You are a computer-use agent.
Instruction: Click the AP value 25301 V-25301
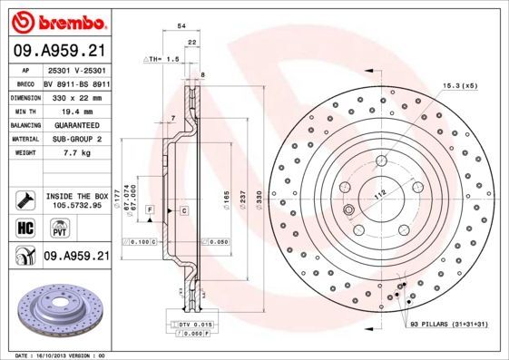click(x=78, y=69)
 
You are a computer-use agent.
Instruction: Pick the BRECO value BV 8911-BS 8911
click(x=78, y=82)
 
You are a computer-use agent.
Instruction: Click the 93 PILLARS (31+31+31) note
click(x=451, y=325)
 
